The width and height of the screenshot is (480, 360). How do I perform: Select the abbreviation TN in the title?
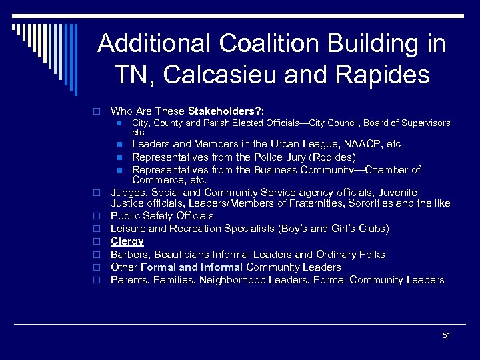pos(131,75)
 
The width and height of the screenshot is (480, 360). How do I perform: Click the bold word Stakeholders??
pos(227,111)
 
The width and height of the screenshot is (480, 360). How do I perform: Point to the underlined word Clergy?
pos(127,241)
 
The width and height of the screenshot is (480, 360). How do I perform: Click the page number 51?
pos(446,335)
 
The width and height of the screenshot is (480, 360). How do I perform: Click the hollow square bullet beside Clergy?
pos(97,242)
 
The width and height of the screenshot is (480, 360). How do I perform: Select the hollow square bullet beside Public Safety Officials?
pos(97,217)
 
